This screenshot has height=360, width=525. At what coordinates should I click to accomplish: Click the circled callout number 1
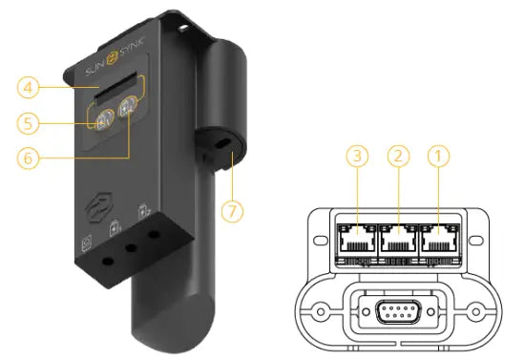point(439,156)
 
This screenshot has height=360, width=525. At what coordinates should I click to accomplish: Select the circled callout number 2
point(398,156)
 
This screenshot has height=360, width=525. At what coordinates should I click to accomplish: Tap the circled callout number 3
point(357,156)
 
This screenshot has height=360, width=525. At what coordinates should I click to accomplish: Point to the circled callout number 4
point(28,88)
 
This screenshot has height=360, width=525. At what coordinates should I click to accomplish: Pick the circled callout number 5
point(28,123)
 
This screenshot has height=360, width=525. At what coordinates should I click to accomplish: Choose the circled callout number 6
point(28,158)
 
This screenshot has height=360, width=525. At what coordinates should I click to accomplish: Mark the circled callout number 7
point(232,211)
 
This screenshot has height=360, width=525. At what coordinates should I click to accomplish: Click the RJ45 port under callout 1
point(439,238)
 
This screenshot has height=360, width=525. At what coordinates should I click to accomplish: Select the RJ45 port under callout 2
point(398,238)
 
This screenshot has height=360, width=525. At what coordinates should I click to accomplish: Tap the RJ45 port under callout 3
point(357,238)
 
